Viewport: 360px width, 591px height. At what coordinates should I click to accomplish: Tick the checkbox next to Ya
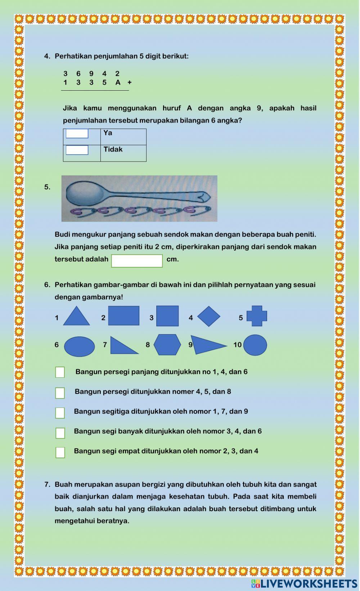[77, 133]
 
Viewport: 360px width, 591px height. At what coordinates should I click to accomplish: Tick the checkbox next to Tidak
[77, 150]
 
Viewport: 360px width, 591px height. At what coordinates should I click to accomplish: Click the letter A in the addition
[118, 83]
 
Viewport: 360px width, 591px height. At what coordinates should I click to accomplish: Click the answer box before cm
[137, 261]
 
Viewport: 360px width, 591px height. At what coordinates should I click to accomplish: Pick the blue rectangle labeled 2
[123, 316]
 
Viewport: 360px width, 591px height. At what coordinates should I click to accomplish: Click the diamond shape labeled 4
[209, 316]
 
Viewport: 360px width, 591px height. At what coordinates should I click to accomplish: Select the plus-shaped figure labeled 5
[257, 316]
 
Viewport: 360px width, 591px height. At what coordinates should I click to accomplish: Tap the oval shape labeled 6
[80, 346]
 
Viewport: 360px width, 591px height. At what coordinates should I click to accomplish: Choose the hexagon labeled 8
[167, 345]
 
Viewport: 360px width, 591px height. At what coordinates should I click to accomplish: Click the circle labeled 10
[255, 345]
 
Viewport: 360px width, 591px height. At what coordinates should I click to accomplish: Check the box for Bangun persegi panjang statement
[60, 372]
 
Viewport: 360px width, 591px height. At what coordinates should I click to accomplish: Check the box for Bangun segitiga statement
[60, 413]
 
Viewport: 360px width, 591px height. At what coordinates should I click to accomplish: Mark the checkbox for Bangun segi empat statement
[60, 452]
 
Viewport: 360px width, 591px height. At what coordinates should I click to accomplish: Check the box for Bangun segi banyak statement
[60, 433]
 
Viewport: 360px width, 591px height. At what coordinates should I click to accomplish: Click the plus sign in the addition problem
[130, 82]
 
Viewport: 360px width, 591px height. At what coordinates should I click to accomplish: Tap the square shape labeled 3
[167, 316]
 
